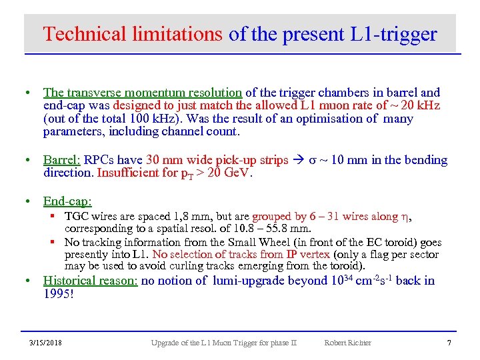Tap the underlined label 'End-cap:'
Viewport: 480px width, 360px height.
tap(67, 201)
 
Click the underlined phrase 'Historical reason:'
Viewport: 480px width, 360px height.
tap(90, 281)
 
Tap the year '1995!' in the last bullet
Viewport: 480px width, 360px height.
tap(59, 293)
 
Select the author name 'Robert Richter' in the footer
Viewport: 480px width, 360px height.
tap(347, 343)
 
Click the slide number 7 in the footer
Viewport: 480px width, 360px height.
tap(449, 343)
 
